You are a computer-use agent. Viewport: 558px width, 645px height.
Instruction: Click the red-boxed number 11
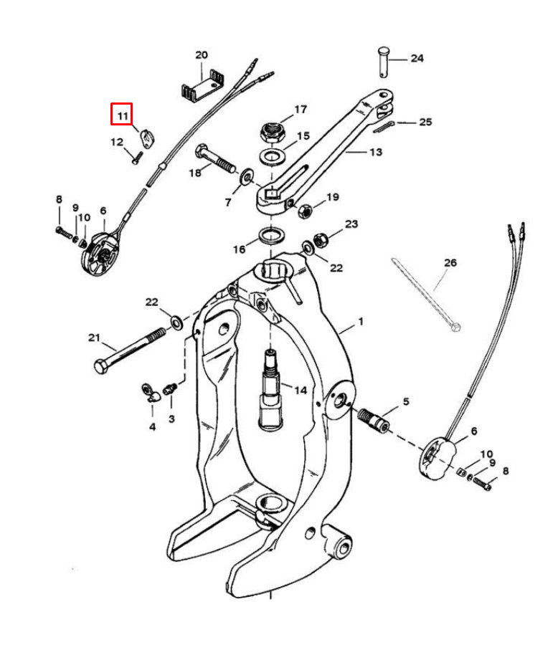121,114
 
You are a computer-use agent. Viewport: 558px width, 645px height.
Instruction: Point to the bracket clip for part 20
202,89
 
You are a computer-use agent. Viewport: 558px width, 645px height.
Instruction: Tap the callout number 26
450,263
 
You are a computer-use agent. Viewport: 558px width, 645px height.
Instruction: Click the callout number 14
300,391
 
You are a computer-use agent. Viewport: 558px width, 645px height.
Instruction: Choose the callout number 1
361,322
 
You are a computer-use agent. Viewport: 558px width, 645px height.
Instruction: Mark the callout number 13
375,152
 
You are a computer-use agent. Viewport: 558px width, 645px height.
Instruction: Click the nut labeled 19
303,210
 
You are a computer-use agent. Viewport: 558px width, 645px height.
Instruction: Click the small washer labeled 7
247,174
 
